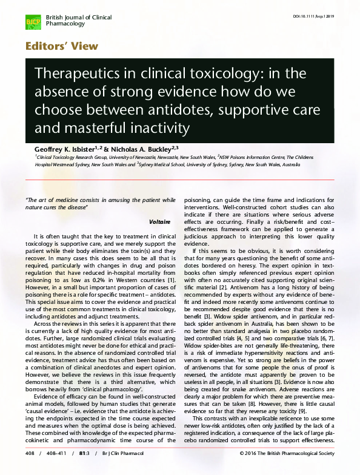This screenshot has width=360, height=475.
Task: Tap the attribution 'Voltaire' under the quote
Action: [159, 222]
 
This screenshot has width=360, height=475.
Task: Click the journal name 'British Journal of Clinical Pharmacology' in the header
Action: [78, 21]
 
